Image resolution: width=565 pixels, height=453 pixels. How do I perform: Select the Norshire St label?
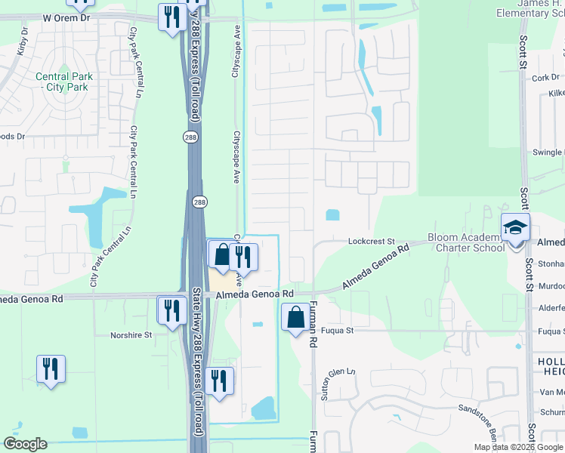tap(131, 334)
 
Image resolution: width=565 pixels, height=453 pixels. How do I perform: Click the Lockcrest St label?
tap(372, 242)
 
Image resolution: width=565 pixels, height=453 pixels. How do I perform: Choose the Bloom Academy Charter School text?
tap(466, 242)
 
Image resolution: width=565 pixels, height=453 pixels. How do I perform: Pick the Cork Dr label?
tap(545, 78)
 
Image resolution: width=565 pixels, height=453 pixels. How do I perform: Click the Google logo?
tap(25, 444)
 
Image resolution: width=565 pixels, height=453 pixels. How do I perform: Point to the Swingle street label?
tap(548, 153)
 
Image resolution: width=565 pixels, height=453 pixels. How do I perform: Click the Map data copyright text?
tap(517, 447)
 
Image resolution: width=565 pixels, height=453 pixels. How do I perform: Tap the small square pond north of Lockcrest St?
tap(332, 215)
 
